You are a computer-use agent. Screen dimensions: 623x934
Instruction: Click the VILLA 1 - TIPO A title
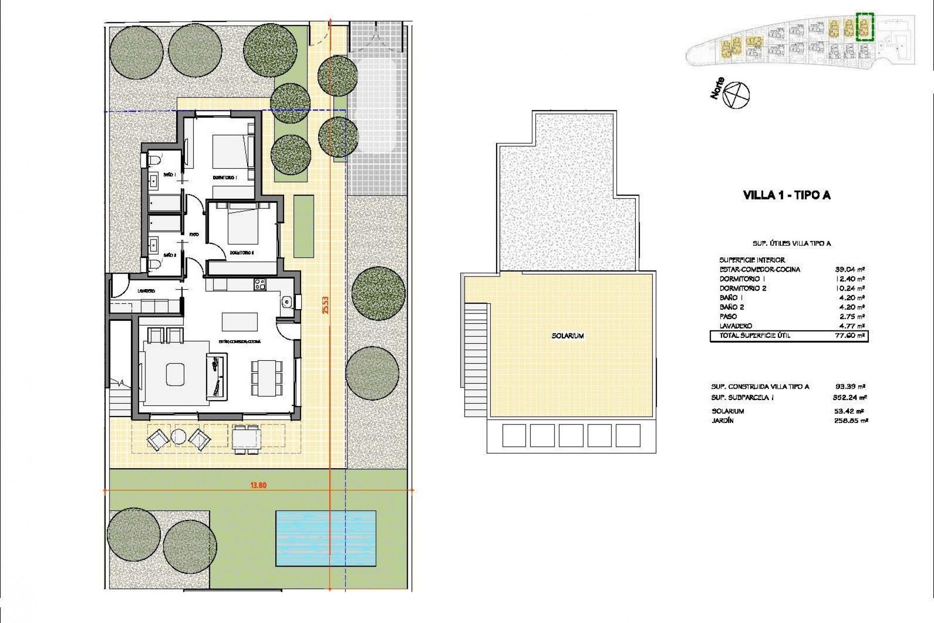click(787, 196)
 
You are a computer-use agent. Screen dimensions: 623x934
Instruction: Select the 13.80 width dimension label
click(259, 485)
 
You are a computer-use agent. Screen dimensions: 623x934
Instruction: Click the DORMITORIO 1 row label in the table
click(741, 279)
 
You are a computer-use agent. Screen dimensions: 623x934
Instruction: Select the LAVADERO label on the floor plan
click(146, 291)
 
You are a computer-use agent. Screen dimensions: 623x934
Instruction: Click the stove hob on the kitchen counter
click(259, 283)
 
